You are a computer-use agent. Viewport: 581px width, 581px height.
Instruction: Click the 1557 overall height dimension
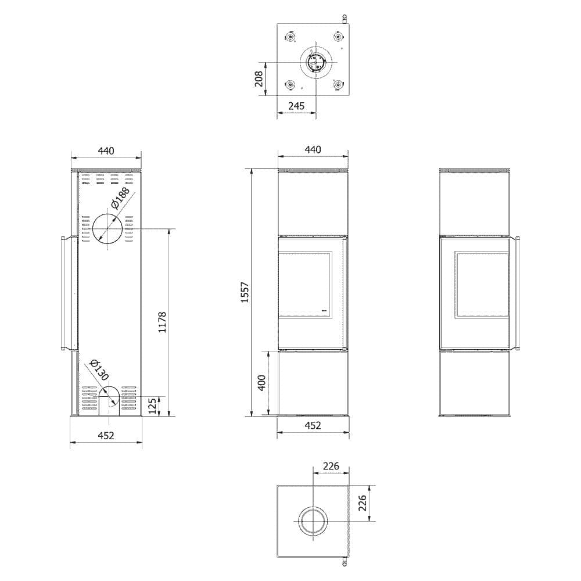click(x=245, y=293)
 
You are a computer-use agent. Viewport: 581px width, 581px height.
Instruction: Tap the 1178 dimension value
click(x=162, y=322)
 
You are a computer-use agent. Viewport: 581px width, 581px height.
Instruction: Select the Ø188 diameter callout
click(x=120, y=198)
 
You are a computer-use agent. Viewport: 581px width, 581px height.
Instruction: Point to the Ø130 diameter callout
click(x=99, y=370)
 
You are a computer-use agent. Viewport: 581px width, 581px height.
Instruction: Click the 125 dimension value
click(x=152, y=406)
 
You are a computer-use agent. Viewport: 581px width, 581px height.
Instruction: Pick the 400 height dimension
click(x=261, y=383)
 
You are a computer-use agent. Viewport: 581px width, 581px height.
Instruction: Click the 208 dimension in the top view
click(x=259, y=79)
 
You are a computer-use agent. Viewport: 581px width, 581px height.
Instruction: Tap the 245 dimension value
click(x=296, y=106)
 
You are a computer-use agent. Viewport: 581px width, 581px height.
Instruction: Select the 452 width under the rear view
click(x=106, y=435)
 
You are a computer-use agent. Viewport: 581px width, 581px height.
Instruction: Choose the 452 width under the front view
click(x=313, y=425)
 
